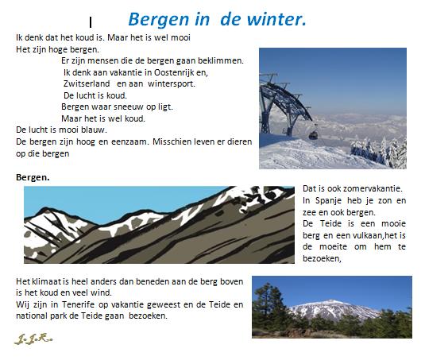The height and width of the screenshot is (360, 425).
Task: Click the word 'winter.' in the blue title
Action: coord(276,20)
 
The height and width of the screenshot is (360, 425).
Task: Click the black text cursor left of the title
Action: coord(91,22)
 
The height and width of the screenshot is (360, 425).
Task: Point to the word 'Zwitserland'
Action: coord(87,83)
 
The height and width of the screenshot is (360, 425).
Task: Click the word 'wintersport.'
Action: coord(172,84)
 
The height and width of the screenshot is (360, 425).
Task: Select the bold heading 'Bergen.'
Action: coord(33,177)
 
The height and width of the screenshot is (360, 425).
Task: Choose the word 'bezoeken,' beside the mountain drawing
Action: coord(322,258)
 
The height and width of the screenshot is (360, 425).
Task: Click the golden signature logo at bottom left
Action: coord(33,339)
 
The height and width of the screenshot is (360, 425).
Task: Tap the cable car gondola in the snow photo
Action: coord(313,134)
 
